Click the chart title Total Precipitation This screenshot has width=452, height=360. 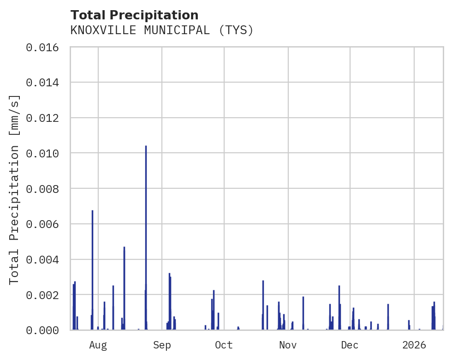134,15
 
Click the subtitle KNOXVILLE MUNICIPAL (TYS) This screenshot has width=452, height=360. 162,30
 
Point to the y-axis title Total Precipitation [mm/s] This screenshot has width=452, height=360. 15,189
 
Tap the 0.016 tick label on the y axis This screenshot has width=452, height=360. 42,48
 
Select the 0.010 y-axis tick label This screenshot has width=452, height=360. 42,153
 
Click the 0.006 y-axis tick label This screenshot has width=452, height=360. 42,224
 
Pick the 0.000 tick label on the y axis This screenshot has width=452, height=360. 42,330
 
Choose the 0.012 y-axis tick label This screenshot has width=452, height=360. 42,118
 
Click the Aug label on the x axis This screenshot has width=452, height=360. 98,345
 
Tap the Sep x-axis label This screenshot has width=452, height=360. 162,345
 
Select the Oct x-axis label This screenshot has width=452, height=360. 224,345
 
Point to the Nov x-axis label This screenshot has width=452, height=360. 288,345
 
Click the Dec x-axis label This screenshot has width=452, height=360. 350,345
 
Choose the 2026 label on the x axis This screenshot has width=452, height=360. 414,345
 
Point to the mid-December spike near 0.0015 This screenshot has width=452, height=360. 388,317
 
